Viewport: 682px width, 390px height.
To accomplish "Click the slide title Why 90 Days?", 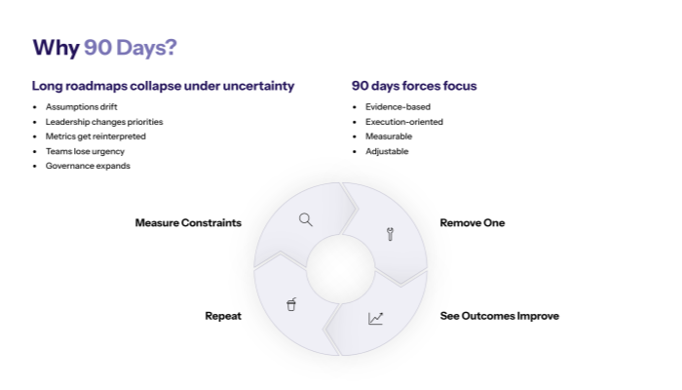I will (104, 48).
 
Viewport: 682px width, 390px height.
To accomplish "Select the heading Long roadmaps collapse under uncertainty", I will (163, 86).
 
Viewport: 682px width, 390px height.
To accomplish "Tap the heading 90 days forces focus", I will (414, 86).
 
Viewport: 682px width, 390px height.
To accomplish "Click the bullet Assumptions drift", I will (81, 106).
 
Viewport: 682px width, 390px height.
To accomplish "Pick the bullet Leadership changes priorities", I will (104, 122).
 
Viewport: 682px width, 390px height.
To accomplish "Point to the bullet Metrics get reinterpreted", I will (95, 136).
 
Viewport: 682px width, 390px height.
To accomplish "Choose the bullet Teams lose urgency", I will (85, 151).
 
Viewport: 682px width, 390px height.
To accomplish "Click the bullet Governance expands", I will (88, 166).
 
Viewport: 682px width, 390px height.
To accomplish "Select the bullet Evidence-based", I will (398, 106).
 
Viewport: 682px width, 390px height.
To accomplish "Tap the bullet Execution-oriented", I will (404, 122).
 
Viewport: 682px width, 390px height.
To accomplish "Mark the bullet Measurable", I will (389, 136).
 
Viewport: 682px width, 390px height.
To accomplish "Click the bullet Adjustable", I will (387, 151).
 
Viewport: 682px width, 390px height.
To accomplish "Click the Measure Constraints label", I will (188, 223).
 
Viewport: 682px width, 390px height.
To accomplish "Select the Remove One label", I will (473, 223).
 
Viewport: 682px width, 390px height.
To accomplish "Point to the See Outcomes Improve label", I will (500, 316).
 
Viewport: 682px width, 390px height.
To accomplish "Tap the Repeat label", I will (223, 316).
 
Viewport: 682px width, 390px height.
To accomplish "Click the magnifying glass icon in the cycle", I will (306, 219).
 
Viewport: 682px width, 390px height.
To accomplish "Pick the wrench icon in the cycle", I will (390, 234).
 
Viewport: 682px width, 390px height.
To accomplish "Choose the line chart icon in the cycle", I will (376, 318).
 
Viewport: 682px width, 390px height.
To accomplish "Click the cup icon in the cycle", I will (291, 305).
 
